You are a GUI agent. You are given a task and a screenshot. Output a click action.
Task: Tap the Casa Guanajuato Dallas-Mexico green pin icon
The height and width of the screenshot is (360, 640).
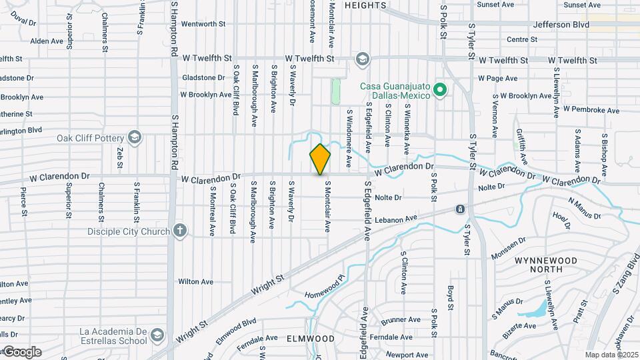439,89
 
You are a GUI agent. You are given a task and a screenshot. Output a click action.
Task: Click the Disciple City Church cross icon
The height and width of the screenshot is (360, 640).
179,231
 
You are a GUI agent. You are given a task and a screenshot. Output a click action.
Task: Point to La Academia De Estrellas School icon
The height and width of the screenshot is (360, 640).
157,333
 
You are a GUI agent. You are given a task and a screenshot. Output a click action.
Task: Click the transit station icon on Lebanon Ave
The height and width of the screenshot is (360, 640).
460,209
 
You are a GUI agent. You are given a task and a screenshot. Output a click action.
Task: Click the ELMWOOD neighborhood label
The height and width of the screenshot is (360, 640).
310,339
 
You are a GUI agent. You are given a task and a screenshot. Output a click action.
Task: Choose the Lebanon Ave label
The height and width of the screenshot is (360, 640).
399,218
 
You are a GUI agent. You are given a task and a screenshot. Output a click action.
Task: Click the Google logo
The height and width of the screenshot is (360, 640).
22,351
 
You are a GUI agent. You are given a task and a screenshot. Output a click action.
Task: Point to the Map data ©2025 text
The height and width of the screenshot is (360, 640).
611,354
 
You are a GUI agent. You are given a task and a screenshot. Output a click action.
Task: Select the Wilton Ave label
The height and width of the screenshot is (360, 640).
196,282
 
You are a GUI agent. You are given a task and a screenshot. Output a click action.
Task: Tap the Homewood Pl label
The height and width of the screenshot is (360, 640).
323,285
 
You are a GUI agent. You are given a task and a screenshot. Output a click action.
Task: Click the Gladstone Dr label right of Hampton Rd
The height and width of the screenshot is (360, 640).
204,77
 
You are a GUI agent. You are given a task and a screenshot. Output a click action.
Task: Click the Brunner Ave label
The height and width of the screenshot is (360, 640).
401,320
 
